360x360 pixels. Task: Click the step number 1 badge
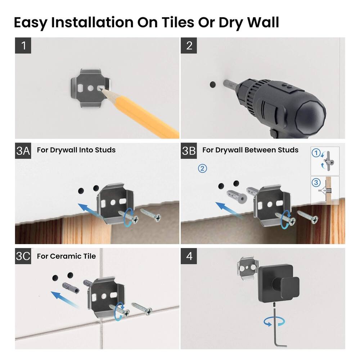pyautogui.click(x=23, y=46)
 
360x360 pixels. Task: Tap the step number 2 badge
pyautogui.click(x=189, y=46)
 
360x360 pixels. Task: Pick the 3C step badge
pyautogui.click(x=23, y=256)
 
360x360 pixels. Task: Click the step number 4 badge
pyautogui.click(x=189, y=256)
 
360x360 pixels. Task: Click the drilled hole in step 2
pyautogui.click(x=212, y=85)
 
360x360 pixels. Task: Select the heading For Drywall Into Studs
pyautogui.click(x=76, y=150)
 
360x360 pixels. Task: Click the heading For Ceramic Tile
pyautogui.click(x=66, y=256)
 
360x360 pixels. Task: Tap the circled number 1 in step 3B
pyautogui.click(x=316, y=153)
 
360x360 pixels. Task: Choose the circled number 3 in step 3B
pyautogui.click(x=316, y=183)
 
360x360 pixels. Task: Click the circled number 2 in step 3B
pyautogui.click(x=203, y=168)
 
